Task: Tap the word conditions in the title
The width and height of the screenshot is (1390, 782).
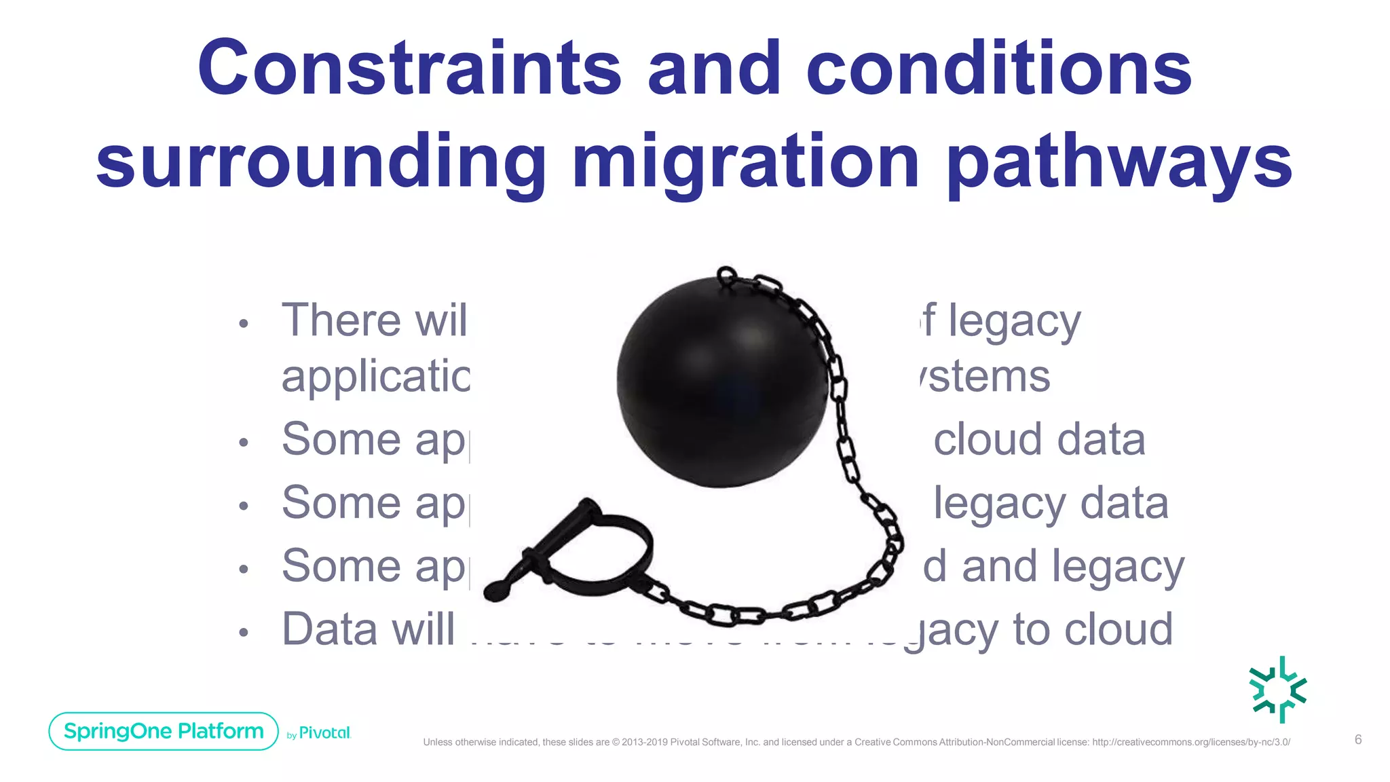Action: click(998, 68)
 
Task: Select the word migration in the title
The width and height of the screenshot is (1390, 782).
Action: click(745, 163)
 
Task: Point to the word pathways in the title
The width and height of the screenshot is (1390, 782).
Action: click(1119, 163)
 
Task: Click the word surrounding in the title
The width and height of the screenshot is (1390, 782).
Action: click(321, 163)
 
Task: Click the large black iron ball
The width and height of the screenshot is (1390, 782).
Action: click(721, 381)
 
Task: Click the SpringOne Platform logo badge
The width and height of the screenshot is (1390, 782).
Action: click(164, 731)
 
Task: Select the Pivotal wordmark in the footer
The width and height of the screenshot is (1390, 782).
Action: click(324, 733)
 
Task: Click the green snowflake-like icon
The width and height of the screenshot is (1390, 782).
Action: click(1279, 689)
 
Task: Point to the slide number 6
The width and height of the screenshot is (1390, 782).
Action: click(1358, 740)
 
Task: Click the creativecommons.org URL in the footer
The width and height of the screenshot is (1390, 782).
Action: click(1190, 742)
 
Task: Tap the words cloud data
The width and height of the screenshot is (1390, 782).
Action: click(1039, 440)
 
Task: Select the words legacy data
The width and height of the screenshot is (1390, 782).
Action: click(1051, 504)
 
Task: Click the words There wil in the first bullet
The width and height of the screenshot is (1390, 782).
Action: click(374, 320)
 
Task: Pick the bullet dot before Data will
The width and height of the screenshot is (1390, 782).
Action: click(244, 633)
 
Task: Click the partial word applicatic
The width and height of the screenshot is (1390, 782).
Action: click(376, 377)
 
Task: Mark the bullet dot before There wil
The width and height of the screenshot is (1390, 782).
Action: click(244, 324)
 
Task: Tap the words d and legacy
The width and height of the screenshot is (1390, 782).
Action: click(1053, 567)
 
